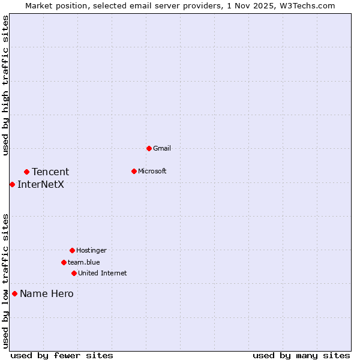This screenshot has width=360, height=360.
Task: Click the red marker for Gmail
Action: pos(149,148)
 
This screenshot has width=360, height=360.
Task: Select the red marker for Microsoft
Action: pos(134,171)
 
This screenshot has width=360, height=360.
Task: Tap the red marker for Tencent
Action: pos(26,172)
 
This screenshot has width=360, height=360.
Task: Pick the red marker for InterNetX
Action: pos(12,184)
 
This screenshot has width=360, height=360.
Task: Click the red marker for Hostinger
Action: pos(72,250)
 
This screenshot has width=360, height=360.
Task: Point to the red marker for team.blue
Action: pos(64,262)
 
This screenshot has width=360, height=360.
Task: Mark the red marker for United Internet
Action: pos(74,273)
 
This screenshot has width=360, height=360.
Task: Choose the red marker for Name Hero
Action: pos(14,293)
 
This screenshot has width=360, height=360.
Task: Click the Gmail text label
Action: pos(162,148)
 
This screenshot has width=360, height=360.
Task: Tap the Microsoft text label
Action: pos(152,171)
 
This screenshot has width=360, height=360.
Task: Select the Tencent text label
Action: pos(50,172)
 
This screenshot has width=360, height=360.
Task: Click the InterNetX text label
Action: pos(41,184)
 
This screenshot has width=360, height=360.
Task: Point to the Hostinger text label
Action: pos(91,250)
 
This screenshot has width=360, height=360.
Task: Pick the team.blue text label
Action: pos(84,262)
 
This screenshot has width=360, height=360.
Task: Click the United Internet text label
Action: pos(103,273)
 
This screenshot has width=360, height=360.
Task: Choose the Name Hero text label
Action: pos(47,293)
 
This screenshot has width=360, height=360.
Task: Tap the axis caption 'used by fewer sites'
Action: pos(62,355)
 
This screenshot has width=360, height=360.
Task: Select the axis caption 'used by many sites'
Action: pos(301,355)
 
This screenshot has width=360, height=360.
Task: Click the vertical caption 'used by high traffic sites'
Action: pos(5,86)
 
